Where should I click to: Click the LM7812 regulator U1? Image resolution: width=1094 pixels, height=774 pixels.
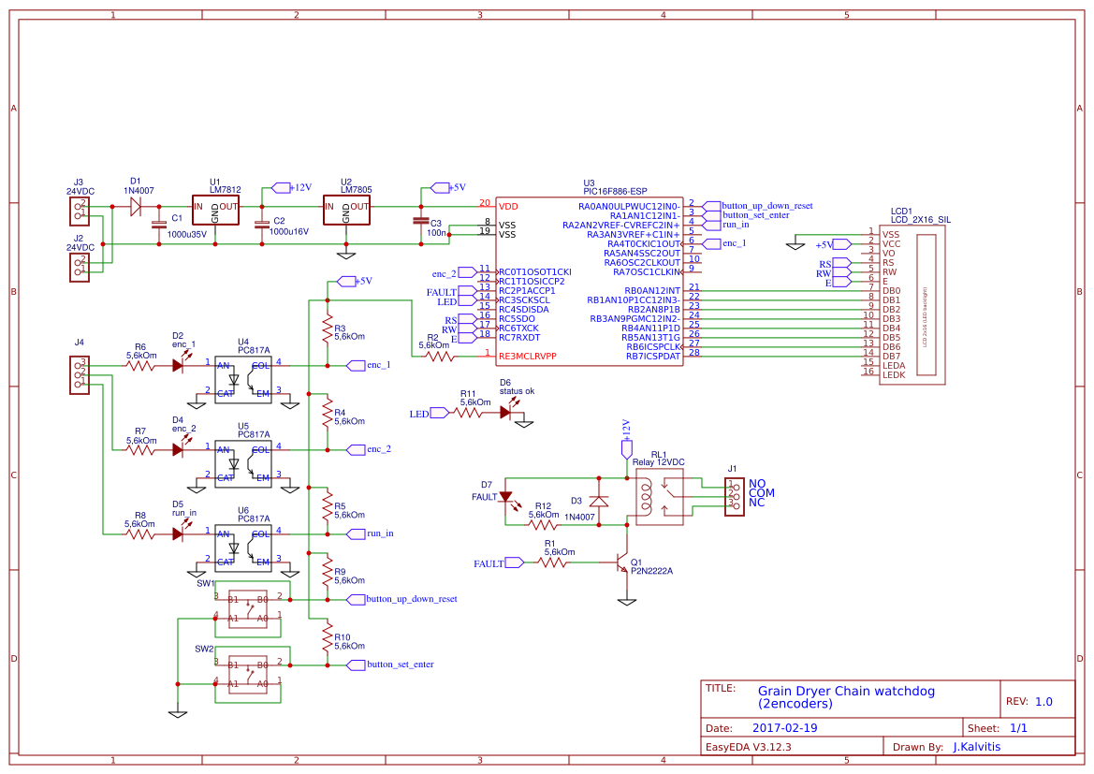tap(215, 211)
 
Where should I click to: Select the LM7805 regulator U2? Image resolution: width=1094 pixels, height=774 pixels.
tap(346, 211)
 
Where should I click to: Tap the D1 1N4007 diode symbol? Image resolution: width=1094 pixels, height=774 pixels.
tap(136, 206)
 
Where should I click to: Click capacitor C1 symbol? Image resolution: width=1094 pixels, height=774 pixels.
tap(158, 225)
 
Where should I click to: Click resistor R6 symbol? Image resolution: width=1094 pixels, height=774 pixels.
tap(140, 365)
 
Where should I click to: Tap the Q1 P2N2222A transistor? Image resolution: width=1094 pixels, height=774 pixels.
tap(620, 563)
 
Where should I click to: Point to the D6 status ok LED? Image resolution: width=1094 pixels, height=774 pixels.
tap(508, 412)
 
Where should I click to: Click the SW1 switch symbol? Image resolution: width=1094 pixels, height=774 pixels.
tap(248, 607)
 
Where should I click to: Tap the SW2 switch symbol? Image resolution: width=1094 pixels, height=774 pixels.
tap(248, 674)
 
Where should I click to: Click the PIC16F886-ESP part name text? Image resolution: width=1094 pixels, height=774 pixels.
tap(615, 191)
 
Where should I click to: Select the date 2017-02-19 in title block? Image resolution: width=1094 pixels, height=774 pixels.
tap(784, 727)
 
